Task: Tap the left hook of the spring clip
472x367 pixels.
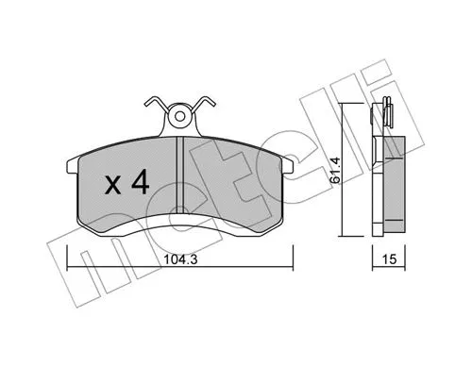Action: click(x=152, y=101)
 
